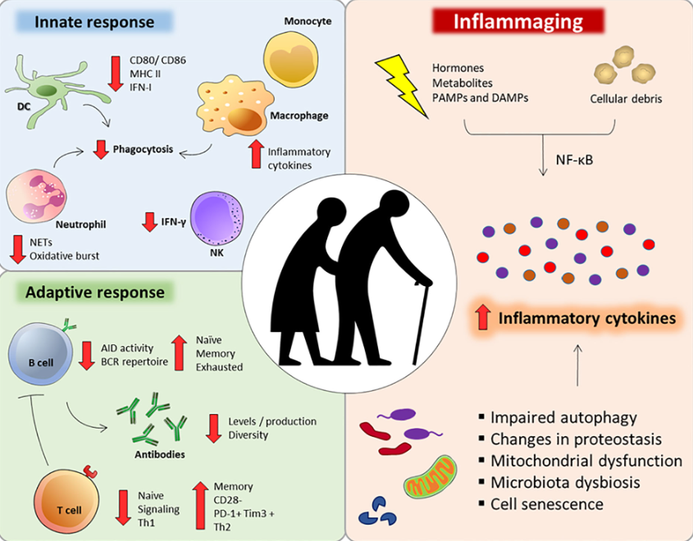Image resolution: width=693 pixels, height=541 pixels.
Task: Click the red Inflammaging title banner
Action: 519,20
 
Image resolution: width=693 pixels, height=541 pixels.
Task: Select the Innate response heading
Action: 94,22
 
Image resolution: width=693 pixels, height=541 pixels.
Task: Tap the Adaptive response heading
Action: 94,292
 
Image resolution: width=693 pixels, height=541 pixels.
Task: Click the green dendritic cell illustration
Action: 41,87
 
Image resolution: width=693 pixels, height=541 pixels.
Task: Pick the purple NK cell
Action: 214,224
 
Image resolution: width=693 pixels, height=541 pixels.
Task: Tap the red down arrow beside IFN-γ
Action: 149,221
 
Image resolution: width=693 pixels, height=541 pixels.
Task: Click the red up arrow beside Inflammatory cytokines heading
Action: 482,317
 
